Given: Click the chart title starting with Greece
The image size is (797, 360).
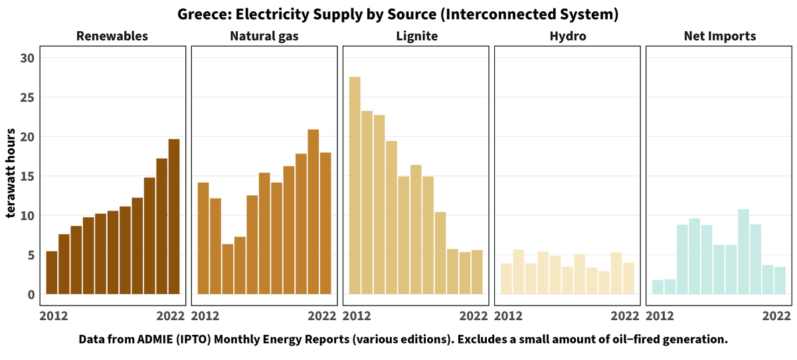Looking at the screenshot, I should click(x=398, y=14).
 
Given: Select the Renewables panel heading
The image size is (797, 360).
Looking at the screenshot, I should click(x=112, y=36).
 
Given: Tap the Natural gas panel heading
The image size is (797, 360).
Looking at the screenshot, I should click(x=264, y=36).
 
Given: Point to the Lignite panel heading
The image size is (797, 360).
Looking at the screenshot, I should click(x=415, y=36).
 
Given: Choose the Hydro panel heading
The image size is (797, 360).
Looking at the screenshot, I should click(x=567, y=36).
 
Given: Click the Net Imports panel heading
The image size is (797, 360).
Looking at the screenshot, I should click(x=719, y=36).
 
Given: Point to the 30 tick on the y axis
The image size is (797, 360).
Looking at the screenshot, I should click(x=27, y=58).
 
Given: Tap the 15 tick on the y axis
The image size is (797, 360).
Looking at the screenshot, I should click(x=27, y=177).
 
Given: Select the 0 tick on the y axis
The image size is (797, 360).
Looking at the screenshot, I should click(x=31, y=295).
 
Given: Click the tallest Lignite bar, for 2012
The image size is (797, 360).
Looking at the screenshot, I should click(x=355, y=186).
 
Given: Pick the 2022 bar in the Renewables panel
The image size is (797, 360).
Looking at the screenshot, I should click(x=173, y=217).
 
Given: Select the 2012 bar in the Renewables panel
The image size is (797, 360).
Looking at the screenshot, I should click(x=51, y=273).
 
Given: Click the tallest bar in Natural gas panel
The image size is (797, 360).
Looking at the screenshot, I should click(x=313, y=212).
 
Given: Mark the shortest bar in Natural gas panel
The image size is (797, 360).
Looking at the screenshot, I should click(x=228, y=269).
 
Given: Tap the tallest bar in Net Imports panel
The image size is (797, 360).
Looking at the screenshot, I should click(x=743, y=252).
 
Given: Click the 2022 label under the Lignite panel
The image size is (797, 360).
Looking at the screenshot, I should click(x=474, y=315).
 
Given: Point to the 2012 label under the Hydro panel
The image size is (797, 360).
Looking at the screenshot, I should click(x=509, y=315).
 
